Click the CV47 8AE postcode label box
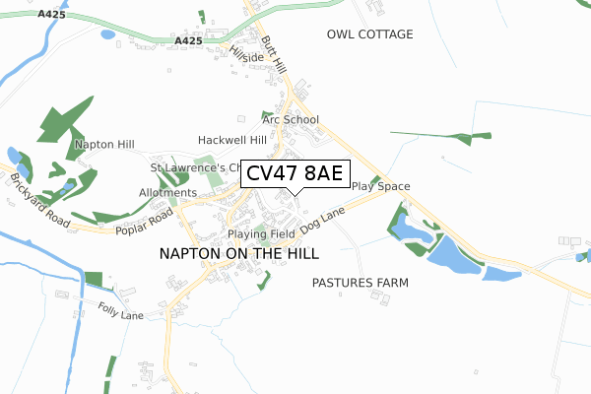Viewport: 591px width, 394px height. point(295,173)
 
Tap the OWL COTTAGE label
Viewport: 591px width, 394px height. point(369,34)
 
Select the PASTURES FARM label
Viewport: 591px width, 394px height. point(360,283)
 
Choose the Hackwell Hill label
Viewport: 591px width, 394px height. point(232,140)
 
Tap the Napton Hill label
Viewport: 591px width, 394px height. point(103,145)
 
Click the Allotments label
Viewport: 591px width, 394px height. point(168,192)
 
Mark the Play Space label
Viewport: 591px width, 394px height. point(380,186)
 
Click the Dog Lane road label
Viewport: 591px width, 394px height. point(325,220)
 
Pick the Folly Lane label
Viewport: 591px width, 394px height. point(121,314)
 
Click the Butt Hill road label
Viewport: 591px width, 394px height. point(273,54)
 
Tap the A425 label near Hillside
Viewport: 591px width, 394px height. point(189,40)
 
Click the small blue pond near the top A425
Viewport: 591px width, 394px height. point(107,33)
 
